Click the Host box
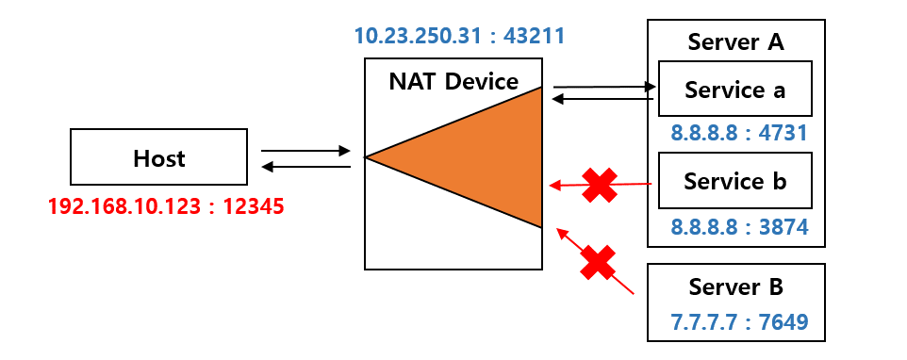click(x=158, y=157)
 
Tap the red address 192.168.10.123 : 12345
click(x=166, y=205)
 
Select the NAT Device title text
click(x=453, y=81)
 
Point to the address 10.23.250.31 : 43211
click(x=459, y=38)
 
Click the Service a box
click(x=734, y=90)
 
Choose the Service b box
click(x=734, y=180)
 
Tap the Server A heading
click(x=735, y=42)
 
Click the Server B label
click(x=735, y=287)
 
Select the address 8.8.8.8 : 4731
click(x=739, y=133)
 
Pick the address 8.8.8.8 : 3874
click(x=739, y=226)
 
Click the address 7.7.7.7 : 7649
click(x=735, y=323)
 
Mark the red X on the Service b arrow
click(x=599, y=185)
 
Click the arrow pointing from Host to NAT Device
click(x=305, y=150)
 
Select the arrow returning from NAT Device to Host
click(x=305, y=167)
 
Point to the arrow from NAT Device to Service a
click(x=603, y=87)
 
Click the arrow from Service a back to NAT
click(x=603, y=98)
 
